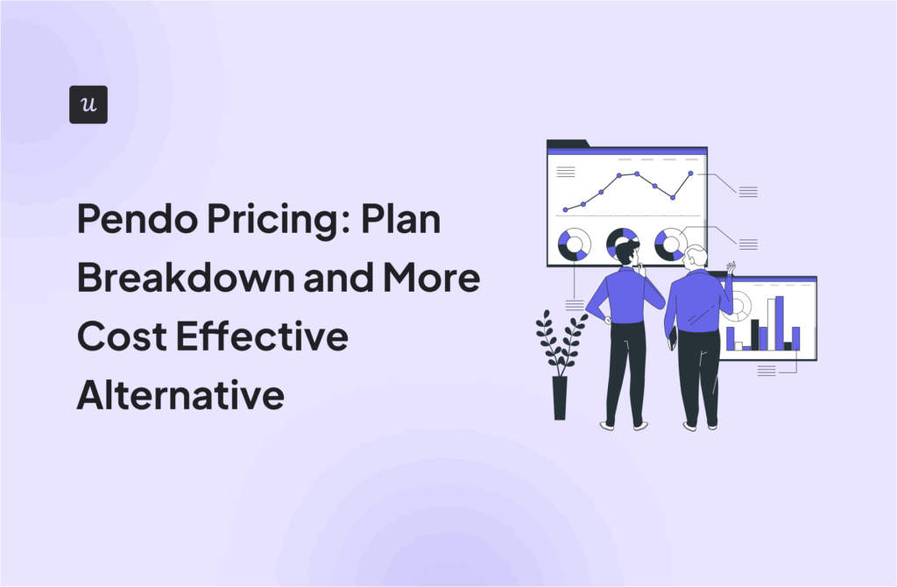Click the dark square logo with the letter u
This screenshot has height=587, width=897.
point(88,105)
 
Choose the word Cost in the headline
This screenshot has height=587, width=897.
point(123,336)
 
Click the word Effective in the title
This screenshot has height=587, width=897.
point(262,336)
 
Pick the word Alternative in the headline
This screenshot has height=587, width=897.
point(180,394)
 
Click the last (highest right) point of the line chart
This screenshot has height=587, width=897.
point(690,173)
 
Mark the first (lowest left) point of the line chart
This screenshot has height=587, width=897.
point(565,210)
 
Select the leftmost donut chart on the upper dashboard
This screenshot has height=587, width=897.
point(574,244)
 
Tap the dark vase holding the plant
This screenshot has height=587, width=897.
point(560,398)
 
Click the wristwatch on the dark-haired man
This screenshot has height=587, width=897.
point(607,321)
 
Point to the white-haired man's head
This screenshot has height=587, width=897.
point(695,258)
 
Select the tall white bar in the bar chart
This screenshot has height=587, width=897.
point(771,324)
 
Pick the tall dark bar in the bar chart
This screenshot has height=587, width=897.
point(754,335)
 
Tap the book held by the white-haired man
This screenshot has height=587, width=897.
point(673,337)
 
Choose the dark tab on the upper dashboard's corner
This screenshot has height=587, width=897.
point(568,143)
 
